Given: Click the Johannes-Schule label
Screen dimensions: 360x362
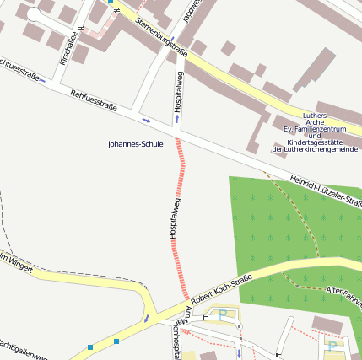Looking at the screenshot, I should coord(135,144).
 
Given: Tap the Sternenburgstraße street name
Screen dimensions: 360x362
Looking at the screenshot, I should coord(159,32).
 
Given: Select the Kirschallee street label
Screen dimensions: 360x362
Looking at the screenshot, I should coord(72,46).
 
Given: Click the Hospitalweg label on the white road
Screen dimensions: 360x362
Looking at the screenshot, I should coord(178,98).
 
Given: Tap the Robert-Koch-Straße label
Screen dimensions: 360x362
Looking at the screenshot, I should coord(221,288).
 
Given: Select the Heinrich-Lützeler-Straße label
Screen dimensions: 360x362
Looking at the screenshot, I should coord(325,191).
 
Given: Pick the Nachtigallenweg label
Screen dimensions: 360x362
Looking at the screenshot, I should coord(22,347).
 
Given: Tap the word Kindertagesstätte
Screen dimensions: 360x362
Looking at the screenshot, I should coord(316,142).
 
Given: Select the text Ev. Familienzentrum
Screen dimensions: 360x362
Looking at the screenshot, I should coord(314,128).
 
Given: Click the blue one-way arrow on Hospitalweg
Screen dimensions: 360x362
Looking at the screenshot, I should coord(176,119).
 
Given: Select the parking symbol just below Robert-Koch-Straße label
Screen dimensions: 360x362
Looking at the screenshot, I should coord(223,314).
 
